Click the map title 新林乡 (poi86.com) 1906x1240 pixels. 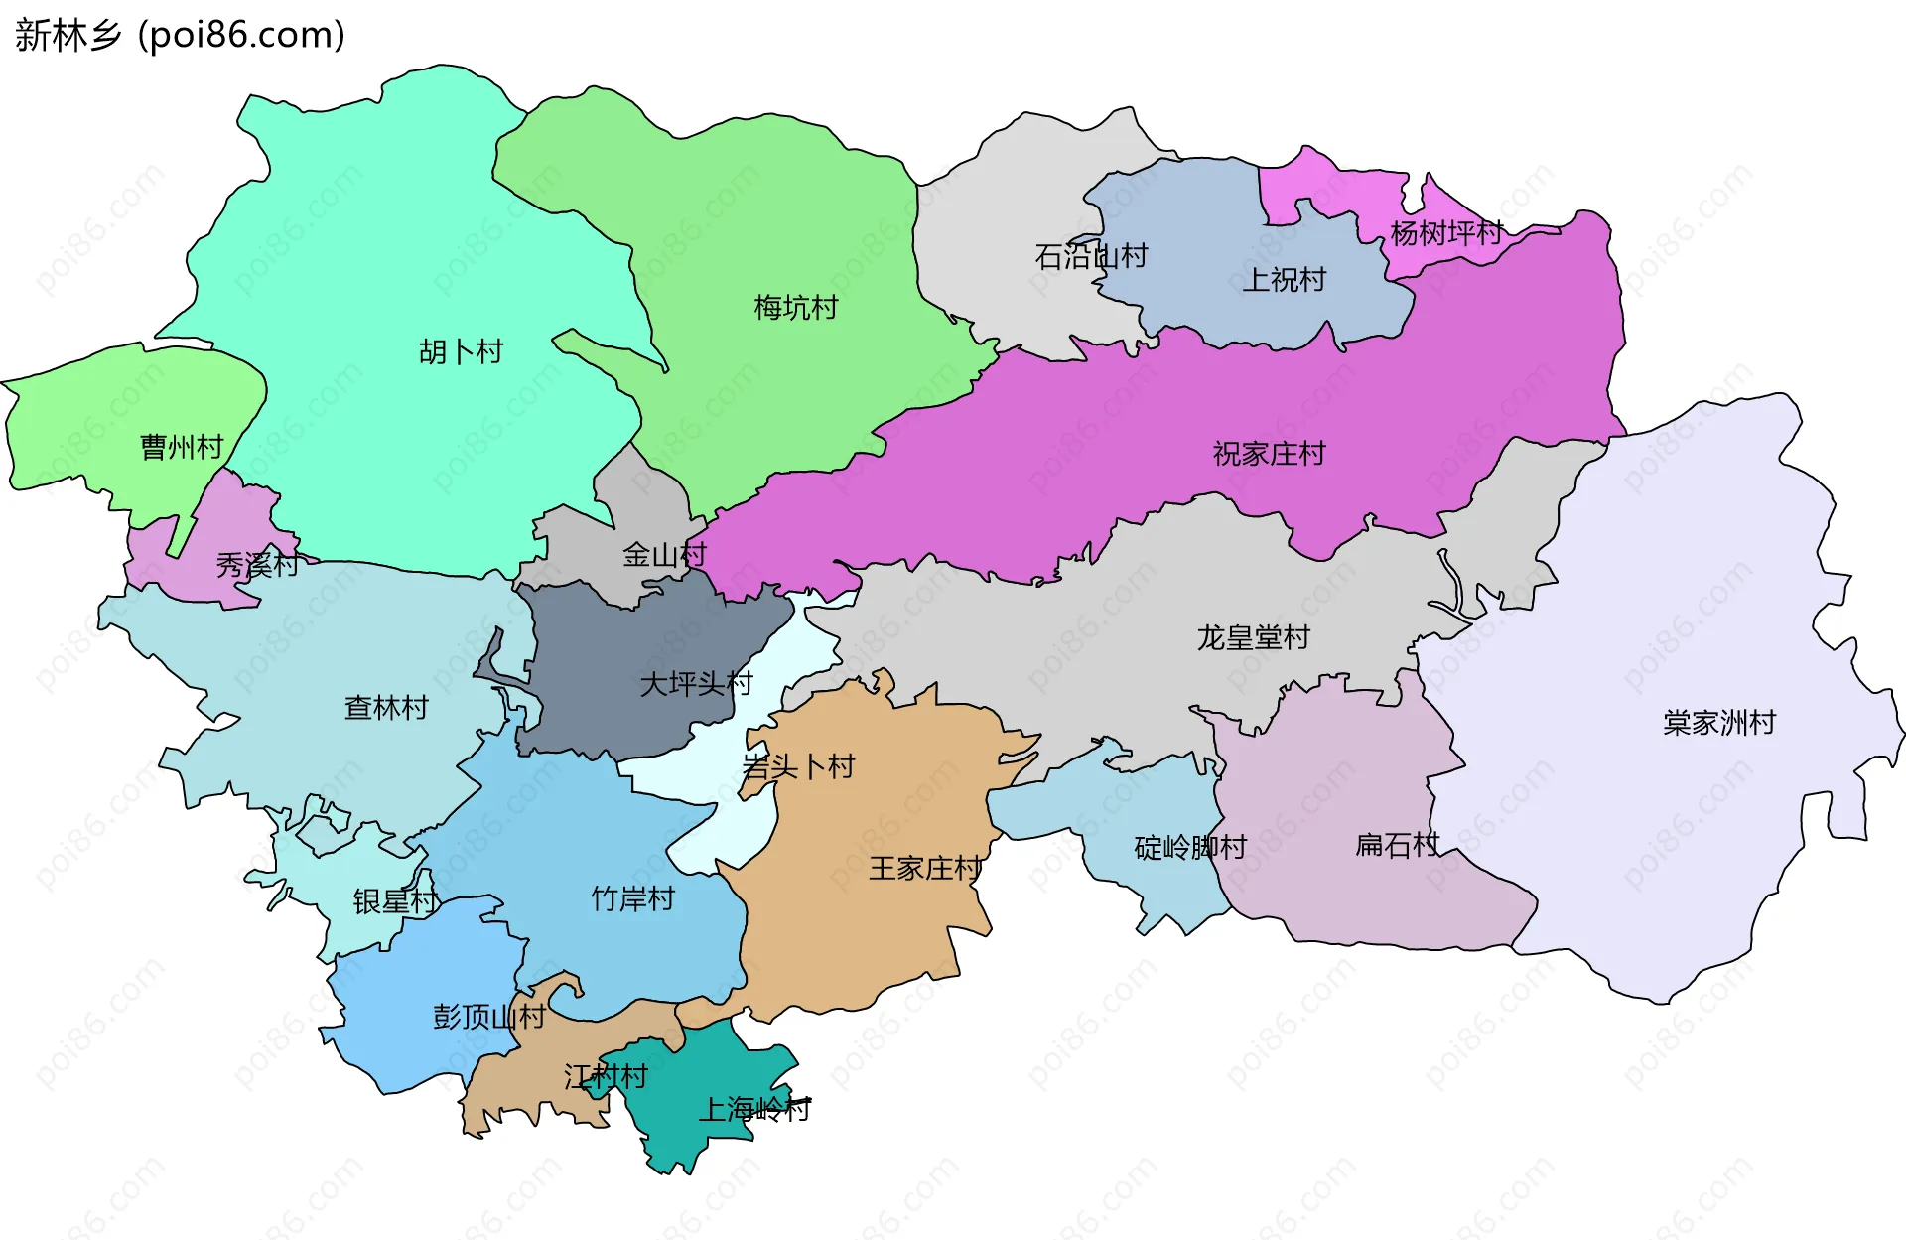pyautogui.click(x=180, y=35)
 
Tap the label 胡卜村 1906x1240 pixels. pyautogui.click(x=461, y=351)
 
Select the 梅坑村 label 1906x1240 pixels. pyautogui.click(x=795, y=308)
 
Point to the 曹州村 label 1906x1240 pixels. pyautogui.click(x=182, y=447)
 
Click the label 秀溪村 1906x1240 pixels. pyautogui.click(x=257, y=565)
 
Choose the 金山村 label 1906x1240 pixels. pyautogui.click(x=664, y=554)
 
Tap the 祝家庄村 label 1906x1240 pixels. pyautogui.click(x=1269, y=454)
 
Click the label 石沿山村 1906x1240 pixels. pyautogui.click(x=1091, y=256)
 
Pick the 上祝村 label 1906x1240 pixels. pyautogui.click(x=1285, y=280)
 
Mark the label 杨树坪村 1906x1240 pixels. pyautogui.click(x=1445, y=233)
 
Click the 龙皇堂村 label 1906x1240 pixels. pyautogui.click(x=1253, y=637)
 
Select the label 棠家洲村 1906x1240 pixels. pyautogui.click(x=1718, y=722)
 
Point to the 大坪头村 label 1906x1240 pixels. pyautogui.click(x=696, y=683)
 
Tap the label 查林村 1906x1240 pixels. pyautogui.click(x=386, y=708)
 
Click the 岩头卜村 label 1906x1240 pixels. pyautogui.click(x=798, y=766)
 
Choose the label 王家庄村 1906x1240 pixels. pyautogui.click(x=925, y=869)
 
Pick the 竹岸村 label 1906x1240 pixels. pyautogui.click(x=632, y=898)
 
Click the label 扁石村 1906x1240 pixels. pyautogui.click(x=1397, y=845)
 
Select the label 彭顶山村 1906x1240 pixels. pyautogui.click(x=488, y=1017)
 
